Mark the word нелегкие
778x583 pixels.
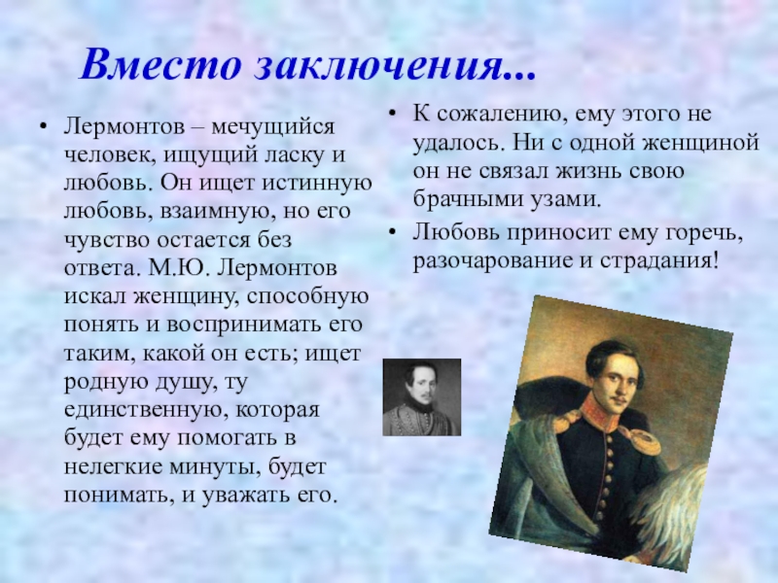[108, 465]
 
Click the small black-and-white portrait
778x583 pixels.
[421, 397]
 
